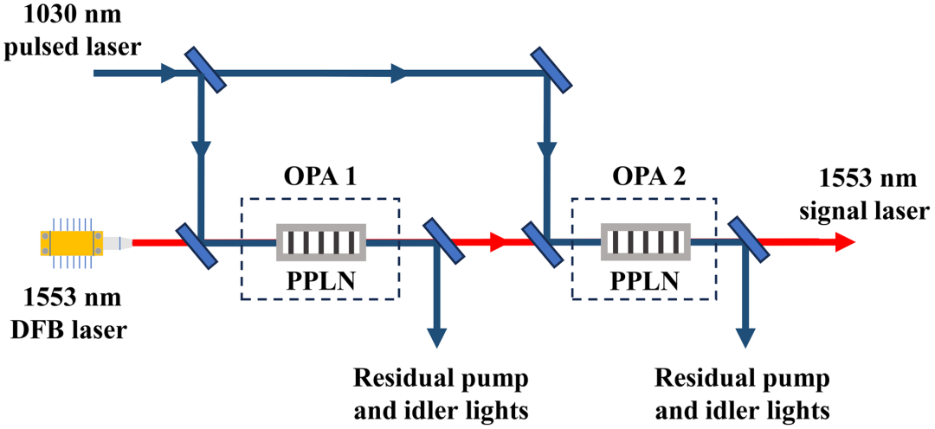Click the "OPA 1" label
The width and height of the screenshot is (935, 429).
[x=319, y=178]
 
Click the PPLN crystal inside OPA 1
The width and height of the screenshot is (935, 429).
[x=321, y=242]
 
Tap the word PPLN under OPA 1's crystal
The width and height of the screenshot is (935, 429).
[x=321, y=279]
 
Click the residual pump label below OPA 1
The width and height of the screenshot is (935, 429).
[x=442, y=394]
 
